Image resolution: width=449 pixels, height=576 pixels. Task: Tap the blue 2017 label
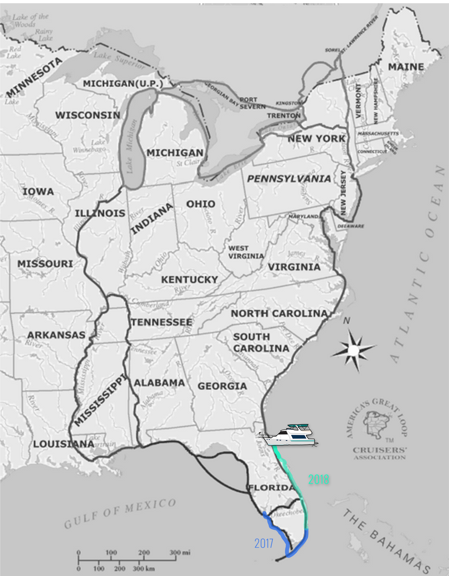click(x=264, y=544)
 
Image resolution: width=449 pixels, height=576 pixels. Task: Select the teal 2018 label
click(x=318, y=479)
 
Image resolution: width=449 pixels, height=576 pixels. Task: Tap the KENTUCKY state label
click(x=190, y=280)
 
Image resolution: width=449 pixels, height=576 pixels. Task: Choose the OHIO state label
click(x=201, y=204)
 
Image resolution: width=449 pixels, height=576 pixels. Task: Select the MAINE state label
click(x=406, y=67)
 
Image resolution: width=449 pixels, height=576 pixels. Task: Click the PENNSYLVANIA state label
click(x=289, y=179)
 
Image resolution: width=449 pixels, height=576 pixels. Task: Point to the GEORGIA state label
click(x=222, y=386)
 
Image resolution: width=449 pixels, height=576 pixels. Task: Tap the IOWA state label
click(x=38, y=192)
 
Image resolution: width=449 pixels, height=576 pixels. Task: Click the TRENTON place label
click(x=284, y=116)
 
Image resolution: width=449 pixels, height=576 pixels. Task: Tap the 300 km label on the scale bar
click(x=144, y=569)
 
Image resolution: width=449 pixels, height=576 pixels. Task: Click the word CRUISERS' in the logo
click(x=380, y=450)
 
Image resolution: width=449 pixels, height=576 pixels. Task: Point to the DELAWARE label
click(x=351, y=226)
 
